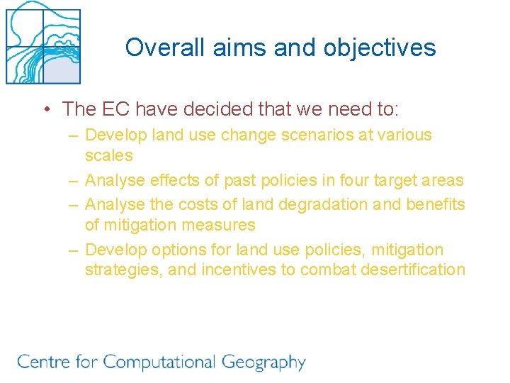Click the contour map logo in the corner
click(43, 43)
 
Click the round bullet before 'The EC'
click(45, 109)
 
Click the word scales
click(108, 155)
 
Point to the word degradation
click(319, 205)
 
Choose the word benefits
click(436, 205)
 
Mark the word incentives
click(239, 270)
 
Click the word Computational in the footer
click(159, 362)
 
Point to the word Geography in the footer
click(263, 362)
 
